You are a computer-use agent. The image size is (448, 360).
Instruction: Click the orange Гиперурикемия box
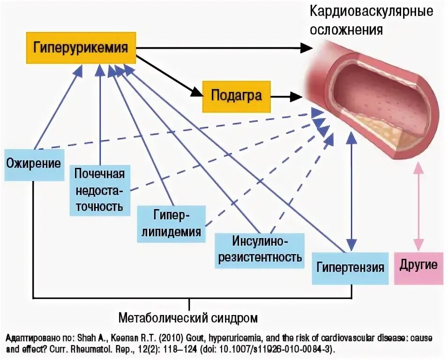tap(80, 48)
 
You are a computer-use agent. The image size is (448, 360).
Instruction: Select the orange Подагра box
tap(236, 96)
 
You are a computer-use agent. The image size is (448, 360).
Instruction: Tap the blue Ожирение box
tap(34, 164)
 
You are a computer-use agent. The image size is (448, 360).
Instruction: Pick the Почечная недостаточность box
tap(99, 190)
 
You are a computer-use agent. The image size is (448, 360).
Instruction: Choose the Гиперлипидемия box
tap(171, 224)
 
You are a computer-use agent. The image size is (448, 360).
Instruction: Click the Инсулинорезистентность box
tap(259, 249)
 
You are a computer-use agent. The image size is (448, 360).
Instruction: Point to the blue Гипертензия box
tap(350, 268)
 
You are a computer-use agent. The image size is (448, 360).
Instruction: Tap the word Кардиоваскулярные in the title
tap(371, 12)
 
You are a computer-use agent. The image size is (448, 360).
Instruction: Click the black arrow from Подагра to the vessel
tap(286, 97)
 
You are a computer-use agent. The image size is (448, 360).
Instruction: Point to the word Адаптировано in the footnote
tap(28, 338)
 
